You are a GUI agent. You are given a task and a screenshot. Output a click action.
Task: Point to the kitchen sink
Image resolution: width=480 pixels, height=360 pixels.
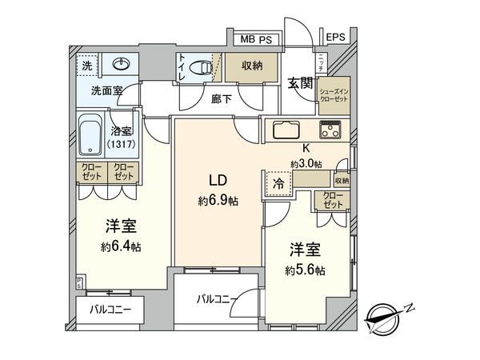(286, 130)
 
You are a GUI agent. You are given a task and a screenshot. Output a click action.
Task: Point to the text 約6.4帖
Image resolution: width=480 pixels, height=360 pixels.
(121, 247)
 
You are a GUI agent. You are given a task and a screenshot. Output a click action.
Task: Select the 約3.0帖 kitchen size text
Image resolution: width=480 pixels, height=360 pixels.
(306, 163)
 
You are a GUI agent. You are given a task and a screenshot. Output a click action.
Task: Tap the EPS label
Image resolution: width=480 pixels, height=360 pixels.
(335, 37)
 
